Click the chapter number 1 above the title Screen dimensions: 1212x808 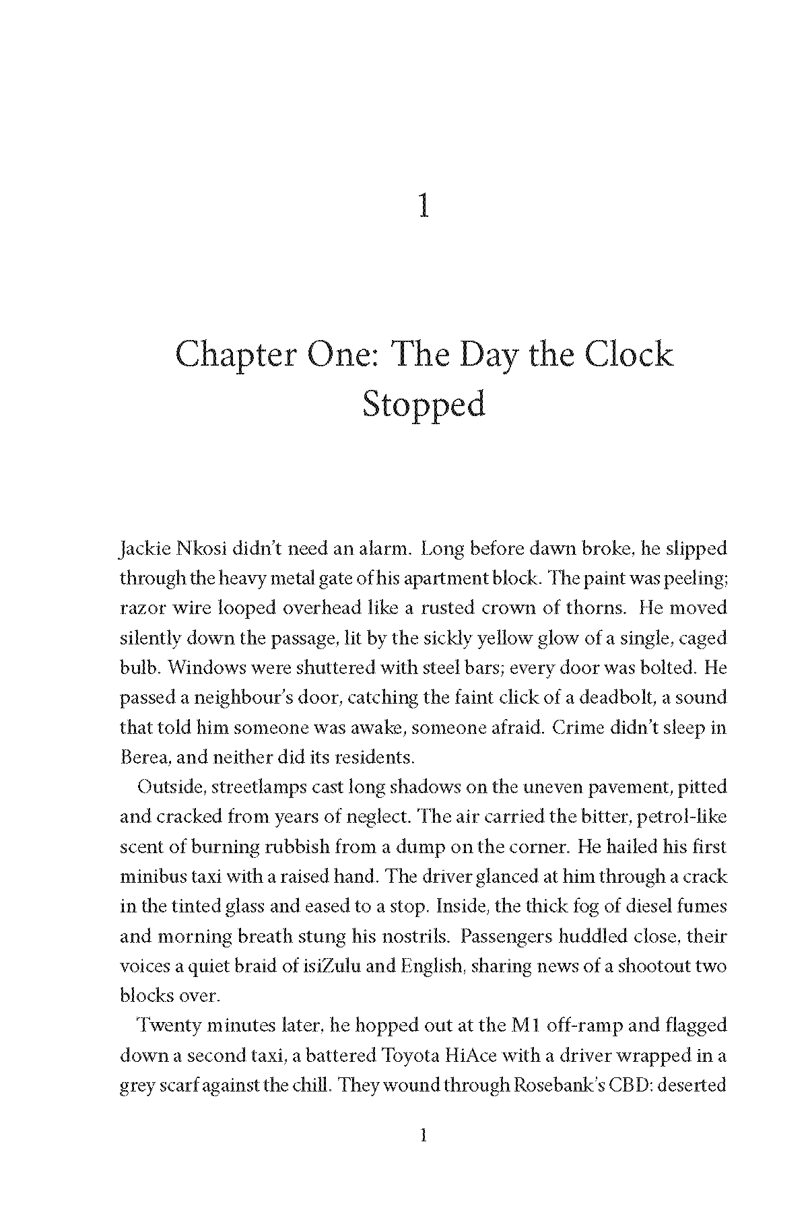click(x=424, y=205)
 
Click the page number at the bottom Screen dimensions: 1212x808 click(x=424, y=1136)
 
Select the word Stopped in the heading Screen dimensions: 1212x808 click(x=424, y=405)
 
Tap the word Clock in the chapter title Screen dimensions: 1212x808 click(x=628, y=354)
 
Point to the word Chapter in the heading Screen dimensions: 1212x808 click(x=235, y=356)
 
